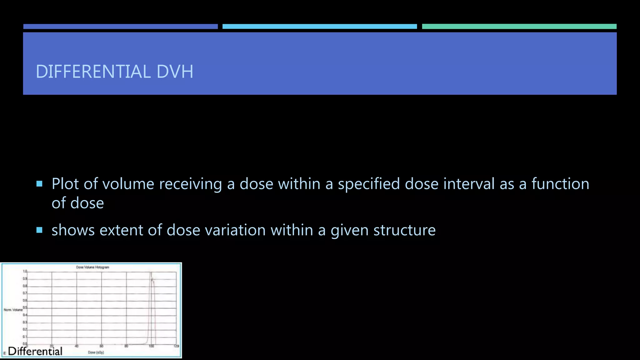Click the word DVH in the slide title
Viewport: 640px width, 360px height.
(x=175, y=72)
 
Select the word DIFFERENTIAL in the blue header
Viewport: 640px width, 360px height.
(x=93, y=72)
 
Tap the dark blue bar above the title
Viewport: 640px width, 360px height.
(x=120, y=27)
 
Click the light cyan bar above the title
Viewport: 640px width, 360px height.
(x=319, y=27)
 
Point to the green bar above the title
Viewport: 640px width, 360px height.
(x=519, y=27)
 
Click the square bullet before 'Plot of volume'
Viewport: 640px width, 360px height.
(x=39, y=184)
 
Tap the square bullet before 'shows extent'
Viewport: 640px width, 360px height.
(x=39, y=230)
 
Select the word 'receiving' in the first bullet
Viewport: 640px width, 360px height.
(x=191, y=184)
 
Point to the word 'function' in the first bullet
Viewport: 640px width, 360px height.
(x=560, y=184)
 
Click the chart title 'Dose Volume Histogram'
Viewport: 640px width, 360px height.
(x=92, y=267)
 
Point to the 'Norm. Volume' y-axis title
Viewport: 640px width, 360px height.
(x=13, y=310)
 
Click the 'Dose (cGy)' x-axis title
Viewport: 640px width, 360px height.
(x=96, y=352)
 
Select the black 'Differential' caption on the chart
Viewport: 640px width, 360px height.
(x=35, y=351)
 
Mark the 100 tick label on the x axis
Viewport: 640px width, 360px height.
(x=151, y=346)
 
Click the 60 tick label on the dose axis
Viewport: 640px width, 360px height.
(x=101, y=346)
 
